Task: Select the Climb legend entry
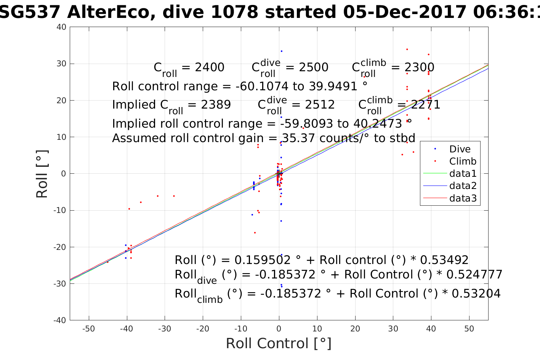[463, 161]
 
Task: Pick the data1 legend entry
[463, 174]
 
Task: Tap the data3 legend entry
[463, 198]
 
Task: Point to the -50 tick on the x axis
[88, 329]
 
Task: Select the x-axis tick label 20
[355, 329]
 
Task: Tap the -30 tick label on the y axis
[60, 284]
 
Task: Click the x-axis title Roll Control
[279, 344]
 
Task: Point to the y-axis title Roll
[42, 174]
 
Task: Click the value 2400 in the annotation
[210, 67]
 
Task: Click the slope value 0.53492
[445, 260]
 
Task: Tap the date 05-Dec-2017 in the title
[405, 12]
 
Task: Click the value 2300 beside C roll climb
[419, 67]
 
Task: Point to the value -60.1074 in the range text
[262, 86]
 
